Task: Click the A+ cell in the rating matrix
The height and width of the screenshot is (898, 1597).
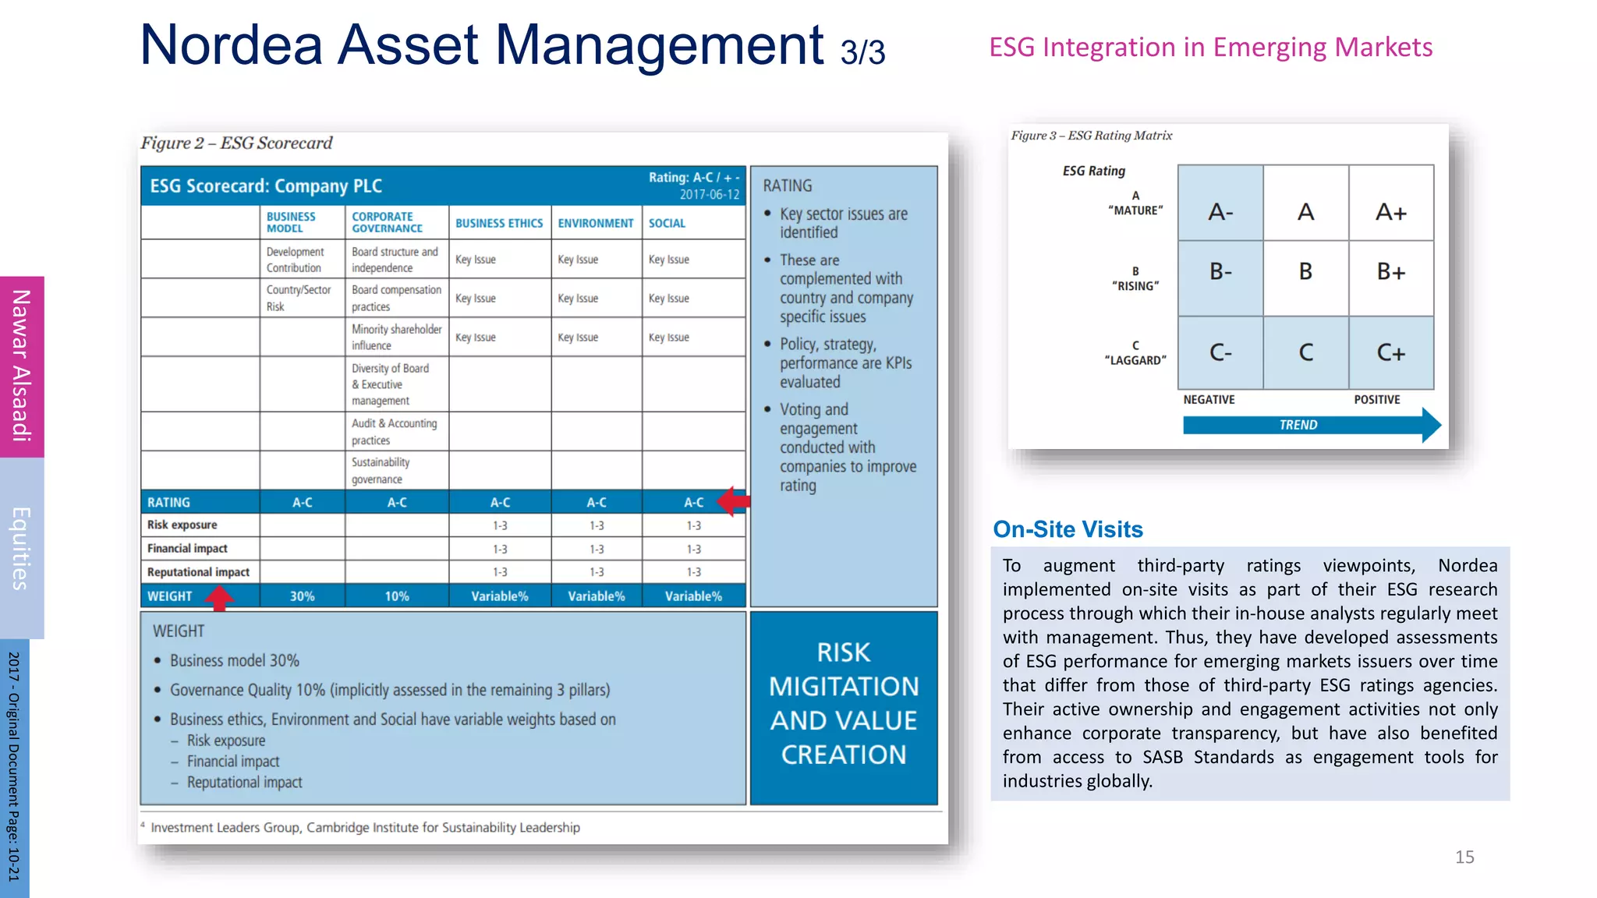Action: [1390, 211]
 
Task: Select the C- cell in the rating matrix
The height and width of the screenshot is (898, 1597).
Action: [1220, 352]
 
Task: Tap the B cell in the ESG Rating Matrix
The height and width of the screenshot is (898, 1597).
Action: [1305, 271]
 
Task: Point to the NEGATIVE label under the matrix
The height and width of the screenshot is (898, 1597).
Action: [1209, 400]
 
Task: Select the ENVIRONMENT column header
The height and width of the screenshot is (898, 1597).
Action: [595, 223]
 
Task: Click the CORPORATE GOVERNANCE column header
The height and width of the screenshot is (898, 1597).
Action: [387, 222]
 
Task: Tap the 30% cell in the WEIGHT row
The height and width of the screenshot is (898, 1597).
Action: [302, 596]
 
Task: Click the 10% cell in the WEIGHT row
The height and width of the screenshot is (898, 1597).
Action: [396, 596]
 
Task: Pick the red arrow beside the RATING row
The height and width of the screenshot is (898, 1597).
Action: [732, 501]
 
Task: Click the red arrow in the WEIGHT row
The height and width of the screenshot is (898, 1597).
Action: [219, 597]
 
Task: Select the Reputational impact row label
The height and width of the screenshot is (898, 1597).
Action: [198, 572]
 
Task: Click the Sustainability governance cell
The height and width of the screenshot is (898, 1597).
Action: [380, 471]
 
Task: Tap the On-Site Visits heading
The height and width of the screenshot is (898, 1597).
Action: [1068, 529]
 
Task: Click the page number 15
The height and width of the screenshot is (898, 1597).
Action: [1464, 857]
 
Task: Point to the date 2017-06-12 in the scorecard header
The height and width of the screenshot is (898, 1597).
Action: [709, 194]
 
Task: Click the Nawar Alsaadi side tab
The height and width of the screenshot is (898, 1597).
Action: [22, 366]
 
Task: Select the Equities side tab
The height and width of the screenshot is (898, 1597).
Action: [22, 548]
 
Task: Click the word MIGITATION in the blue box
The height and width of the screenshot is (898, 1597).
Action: [843, 687]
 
